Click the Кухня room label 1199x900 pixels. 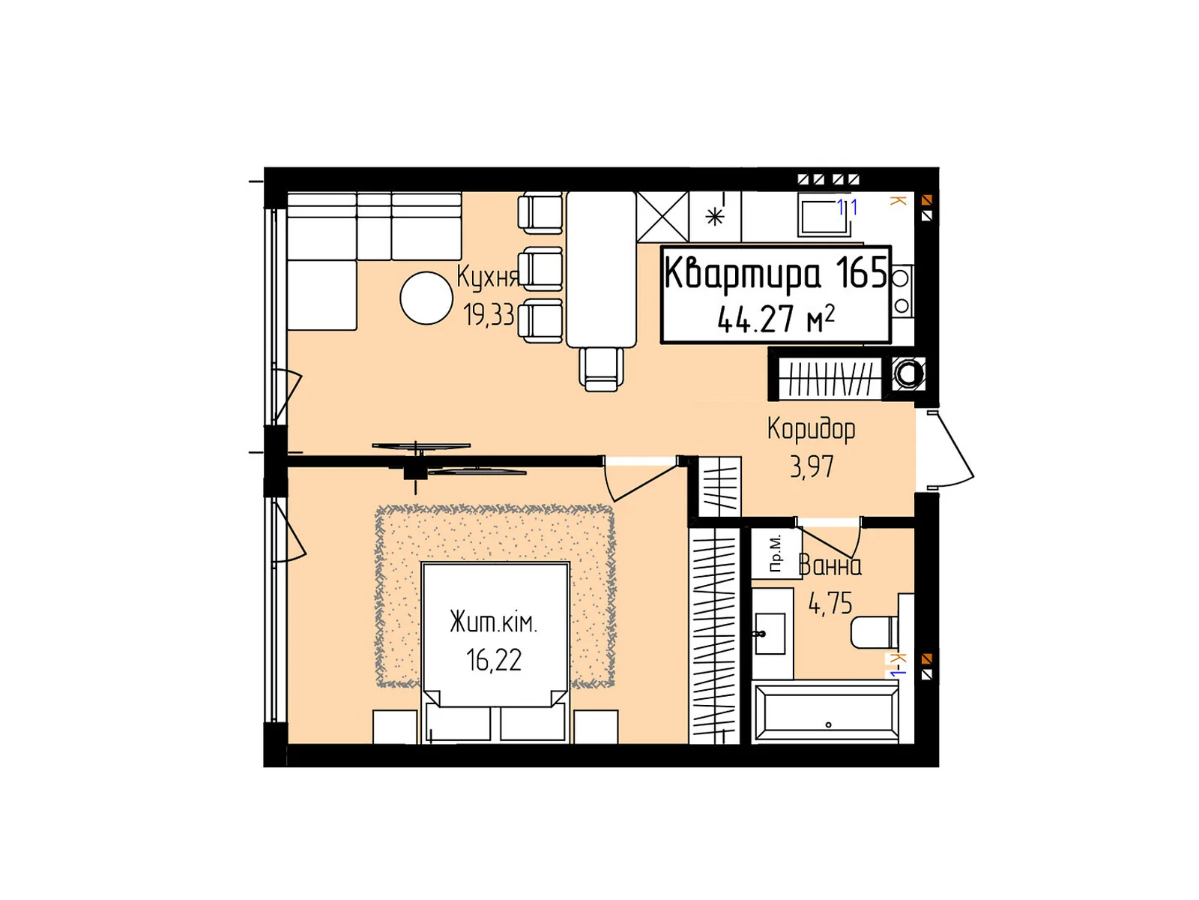[x=487, y=277]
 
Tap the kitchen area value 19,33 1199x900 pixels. [x=489, y=314]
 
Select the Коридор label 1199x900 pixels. [x=811, y=429]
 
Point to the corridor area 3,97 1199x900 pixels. [x=811, y=466]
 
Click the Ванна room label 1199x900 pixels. [x=830, y=565]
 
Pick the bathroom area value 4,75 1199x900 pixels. [x=830, y=603]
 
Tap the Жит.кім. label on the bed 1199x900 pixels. [x=493, y=622]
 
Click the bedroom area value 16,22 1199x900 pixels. [x=493, y=660]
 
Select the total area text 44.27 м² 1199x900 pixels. [x=775, y=319]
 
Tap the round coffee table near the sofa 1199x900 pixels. [x=426, y=298]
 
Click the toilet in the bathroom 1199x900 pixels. [x=874, y=632]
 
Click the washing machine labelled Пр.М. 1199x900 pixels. [x=776, y=553]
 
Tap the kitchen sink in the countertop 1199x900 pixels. [x=824, y=216]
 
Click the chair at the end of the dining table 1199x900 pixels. [x=601, y=369]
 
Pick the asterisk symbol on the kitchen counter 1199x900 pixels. [x=715, y=217]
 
